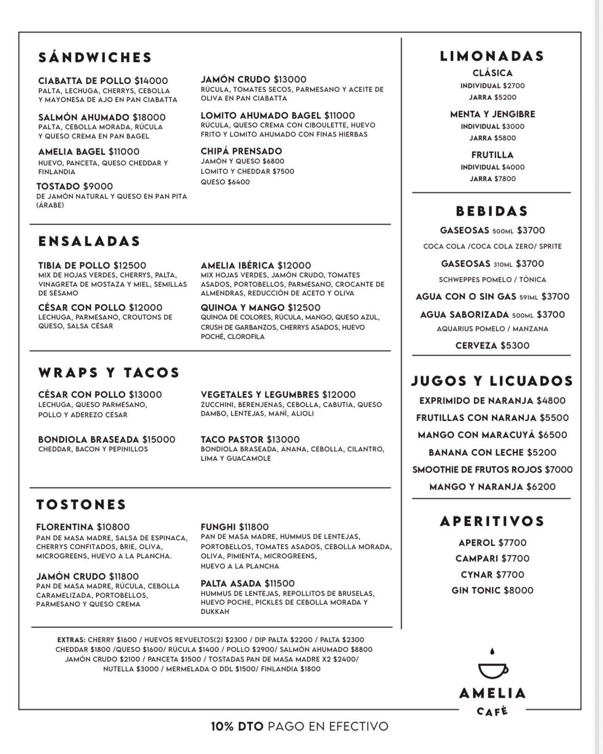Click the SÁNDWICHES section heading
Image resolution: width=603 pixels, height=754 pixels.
click(x=95, y=57)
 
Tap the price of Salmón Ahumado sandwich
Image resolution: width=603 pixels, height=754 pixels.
click(x=149, y=118)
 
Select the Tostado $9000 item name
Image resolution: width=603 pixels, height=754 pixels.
click(x=74, y=186)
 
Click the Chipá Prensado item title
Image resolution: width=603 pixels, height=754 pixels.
click(x=241, y=151)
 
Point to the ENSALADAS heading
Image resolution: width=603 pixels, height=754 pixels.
click(x=89, y=241)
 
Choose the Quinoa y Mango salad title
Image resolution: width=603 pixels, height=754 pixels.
click(x=244, y=307)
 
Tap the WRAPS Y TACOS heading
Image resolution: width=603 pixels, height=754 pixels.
click(x=109, y=373)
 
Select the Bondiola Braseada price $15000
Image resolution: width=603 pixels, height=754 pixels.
click(x=159, y=439)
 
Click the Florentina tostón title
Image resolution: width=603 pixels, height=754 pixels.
click(x=66, y=527)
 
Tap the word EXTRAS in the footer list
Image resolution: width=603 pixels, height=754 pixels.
click(x=71, y=640)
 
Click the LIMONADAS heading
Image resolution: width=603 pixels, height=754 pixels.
click(x=492, y=56)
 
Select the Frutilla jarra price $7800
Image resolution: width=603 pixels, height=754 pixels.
click(x=504, y=179)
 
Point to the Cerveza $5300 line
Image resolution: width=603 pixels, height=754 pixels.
click(x=492, y=345)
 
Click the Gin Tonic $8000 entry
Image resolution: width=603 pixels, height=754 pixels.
click(x=492, y=590)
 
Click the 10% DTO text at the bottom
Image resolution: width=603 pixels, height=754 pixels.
click(x=237, y=726)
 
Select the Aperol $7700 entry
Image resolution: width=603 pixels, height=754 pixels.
click(x=492, y=542)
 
